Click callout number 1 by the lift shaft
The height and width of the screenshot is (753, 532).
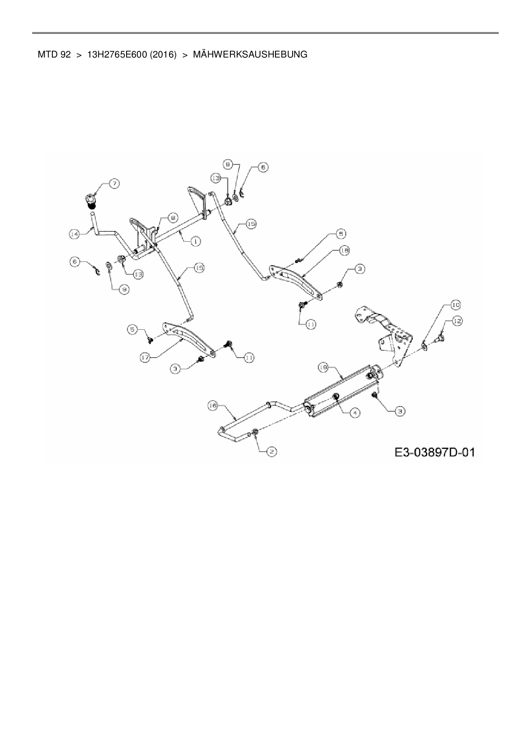(x=195, y=242)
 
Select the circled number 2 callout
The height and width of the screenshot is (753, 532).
(x=272, y=451)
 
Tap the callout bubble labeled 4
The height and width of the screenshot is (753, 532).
(x=355, y=413)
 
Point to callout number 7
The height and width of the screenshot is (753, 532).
(x=114, y=184)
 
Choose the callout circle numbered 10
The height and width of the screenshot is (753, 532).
(x=455, y=305)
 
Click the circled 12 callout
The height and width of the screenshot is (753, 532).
(x=458, y=321)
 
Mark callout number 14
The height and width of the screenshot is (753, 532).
(x=75, y=234)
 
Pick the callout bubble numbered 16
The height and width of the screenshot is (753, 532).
(x=213, y=406)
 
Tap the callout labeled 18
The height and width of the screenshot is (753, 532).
(x=345, y=250)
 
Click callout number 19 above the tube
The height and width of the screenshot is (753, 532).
(x=323, y=367)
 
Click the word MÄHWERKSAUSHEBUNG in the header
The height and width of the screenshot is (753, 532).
(x=250, y=55)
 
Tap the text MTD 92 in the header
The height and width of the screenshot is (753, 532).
(x=54, y=55)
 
